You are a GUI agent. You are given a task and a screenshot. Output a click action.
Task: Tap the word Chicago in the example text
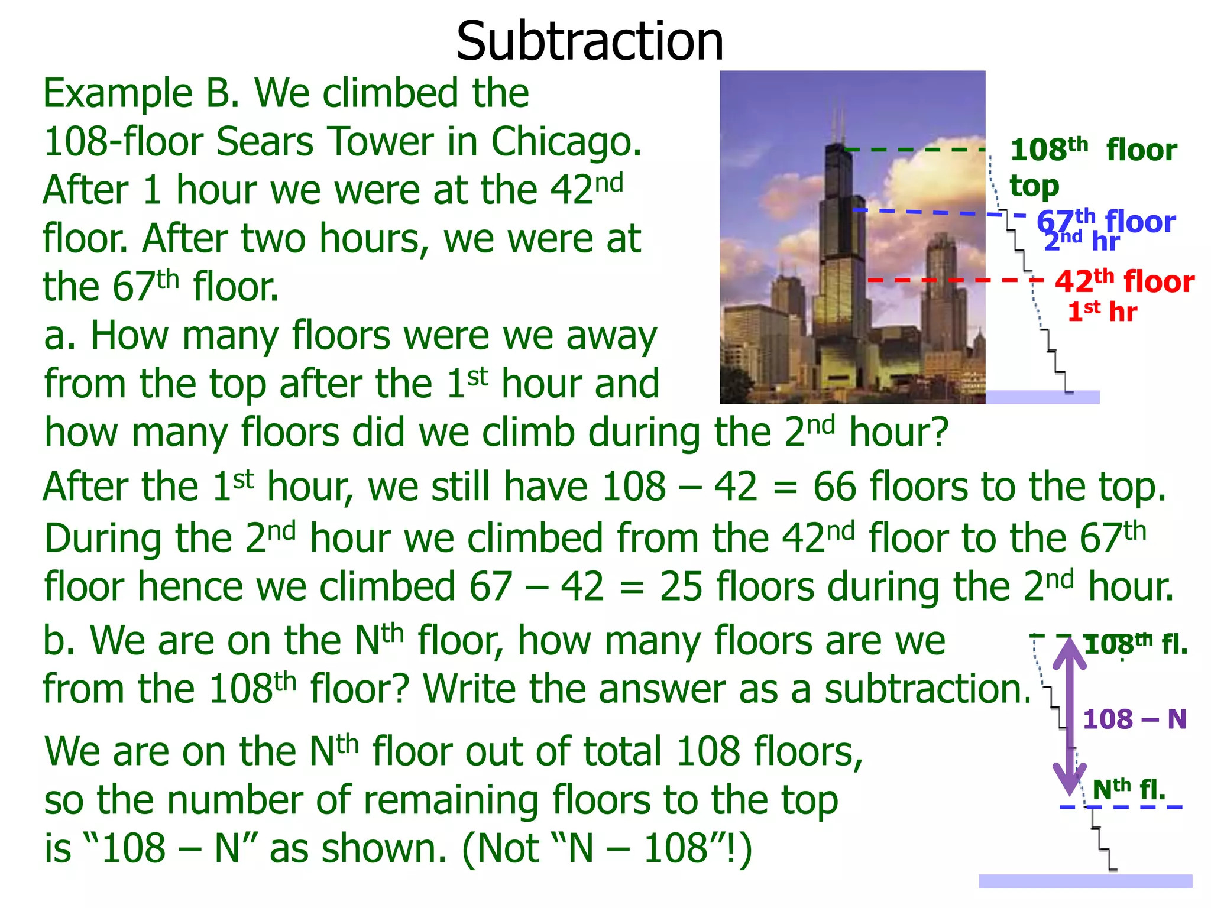[566, 142]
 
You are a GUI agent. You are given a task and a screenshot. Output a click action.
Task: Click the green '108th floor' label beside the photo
[1093, 150]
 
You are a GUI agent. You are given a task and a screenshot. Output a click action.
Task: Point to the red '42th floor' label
[1124, 281]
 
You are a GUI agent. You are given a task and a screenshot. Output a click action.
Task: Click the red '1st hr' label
[1102, 312]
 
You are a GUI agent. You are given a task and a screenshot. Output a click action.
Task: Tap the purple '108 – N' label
[1134, 719]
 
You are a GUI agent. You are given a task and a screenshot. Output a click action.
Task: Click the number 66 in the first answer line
[834, 487]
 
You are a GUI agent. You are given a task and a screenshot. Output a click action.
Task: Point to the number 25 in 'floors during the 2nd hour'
[681, 587]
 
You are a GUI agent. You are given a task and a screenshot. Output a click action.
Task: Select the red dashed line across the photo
[946, 280]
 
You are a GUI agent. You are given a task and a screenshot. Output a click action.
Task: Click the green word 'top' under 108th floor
[1034, 186]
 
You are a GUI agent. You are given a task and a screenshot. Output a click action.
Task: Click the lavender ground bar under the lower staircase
[1085, 881]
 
